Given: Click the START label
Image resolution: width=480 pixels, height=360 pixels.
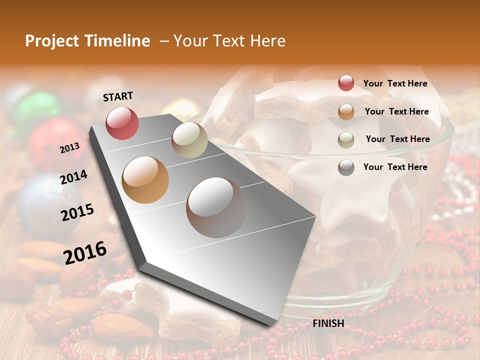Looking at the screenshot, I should click(x=118, y=96).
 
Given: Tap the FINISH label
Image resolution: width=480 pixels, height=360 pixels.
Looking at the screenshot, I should click(x=328, y=323).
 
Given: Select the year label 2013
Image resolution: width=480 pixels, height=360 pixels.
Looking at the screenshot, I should click(x=70, y=148).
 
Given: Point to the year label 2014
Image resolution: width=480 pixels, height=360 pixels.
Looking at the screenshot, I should click(x=73, y=177).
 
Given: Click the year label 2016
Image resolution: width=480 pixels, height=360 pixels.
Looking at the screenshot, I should click(x=85, y=252).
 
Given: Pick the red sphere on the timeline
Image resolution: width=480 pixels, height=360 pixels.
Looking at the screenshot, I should click(x=122, y=123).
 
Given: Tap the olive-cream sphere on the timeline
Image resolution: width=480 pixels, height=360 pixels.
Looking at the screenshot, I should click(x=189, y=140).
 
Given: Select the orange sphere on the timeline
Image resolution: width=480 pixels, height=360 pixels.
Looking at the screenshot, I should click(x=145, y=179).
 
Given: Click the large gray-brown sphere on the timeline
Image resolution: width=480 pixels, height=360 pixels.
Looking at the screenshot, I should click(x=216, y=207).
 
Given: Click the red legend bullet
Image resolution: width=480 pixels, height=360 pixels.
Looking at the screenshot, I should click(x=346, y=83).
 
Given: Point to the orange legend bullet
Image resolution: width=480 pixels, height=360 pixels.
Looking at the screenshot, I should click(x=346, y=112).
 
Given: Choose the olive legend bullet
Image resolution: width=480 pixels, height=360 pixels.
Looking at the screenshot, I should click(x=346, y=140).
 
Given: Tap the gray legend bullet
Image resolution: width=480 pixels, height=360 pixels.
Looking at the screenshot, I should click(x=346, y=167).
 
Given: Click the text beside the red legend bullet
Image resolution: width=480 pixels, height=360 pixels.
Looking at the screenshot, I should click(x=395, y=83).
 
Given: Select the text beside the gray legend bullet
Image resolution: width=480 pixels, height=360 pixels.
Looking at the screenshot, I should click(x=395, y=167).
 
